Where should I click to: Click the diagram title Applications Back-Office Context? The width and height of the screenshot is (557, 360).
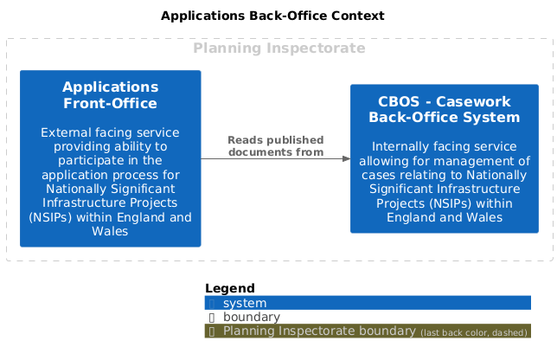coord(272,16)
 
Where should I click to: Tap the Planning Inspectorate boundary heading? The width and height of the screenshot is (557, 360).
coord(279,48)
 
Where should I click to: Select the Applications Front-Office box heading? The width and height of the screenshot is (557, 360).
coord(111,95)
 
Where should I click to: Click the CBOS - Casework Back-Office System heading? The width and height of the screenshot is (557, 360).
coord(444,109)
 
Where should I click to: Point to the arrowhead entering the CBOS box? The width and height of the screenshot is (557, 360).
coord(346,159)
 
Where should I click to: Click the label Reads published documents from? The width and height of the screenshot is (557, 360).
coord(276,146)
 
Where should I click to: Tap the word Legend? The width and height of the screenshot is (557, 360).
coord(230,288)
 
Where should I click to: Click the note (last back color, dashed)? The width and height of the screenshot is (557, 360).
coord(474,332)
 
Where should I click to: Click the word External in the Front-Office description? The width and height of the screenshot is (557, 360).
coord(61,132)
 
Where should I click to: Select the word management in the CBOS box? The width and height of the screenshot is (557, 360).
coord(477,161)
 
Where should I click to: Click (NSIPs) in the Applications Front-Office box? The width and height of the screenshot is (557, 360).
coord(50,217)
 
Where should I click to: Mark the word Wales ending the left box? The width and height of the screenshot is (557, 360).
coord(110,231)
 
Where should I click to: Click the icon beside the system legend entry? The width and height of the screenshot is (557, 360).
coord(212,304)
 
